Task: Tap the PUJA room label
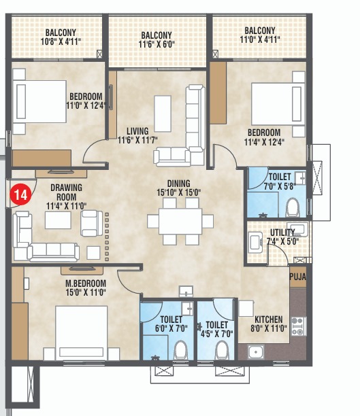297,277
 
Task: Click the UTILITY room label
282,232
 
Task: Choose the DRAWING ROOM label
64,188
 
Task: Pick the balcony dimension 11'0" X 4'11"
259,40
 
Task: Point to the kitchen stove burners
297,326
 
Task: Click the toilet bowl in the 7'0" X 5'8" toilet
293,205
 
